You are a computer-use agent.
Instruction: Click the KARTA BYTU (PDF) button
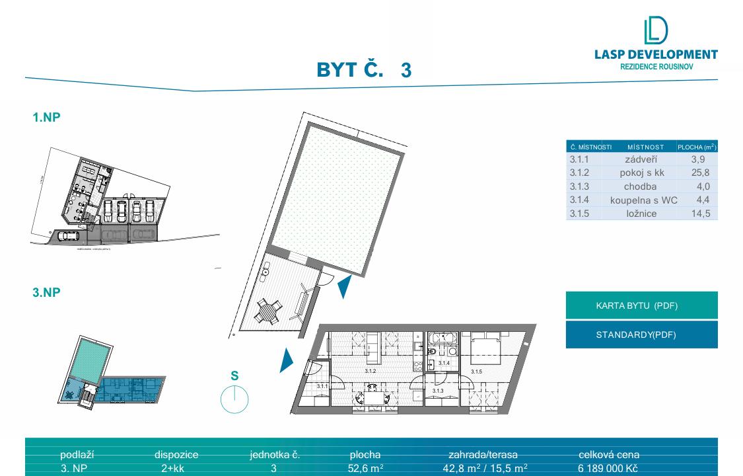641,305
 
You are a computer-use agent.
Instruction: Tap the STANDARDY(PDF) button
641,335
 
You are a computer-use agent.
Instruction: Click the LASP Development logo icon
655,32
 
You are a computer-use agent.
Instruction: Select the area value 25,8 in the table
701,173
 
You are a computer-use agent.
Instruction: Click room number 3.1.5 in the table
579,214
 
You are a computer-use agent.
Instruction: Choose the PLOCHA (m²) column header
697,147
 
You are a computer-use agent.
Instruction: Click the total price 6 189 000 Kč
608,468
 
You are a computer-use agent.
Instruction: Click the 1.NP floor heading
47,118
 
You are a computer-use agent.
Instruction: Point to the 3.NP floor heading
47,292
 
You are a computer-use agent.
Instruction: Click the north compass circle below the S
234,399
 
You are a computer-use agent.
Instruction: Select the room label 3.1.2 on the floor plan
370,372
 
